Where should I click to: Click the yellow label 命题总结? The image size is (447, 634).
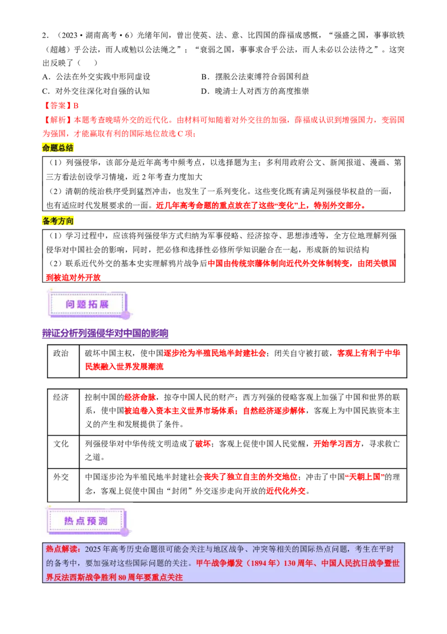[x=58, y=148]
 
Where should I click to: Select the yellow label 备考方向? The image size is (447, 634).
[x=58, y=221]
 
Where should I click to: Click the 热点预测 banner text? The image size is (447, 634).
[x=85, y=521]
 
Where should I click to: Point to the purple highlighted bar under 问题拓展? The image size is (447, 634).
[x=104, y=333]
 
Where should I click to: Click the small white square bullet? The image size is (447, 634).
[x=42, y=378]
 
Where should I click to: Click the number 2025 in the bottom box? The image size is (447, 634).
[x=93, y=550]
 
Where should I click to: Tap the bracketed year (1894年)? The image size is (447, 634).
[x=262, y=564]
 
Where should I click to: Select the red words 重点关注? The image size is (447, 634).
[x=167, y=577]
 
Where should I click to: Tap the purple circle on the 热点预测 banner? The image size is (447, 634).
[x=125, y=532]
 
